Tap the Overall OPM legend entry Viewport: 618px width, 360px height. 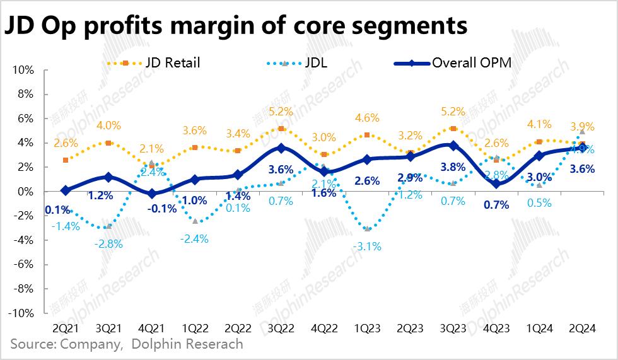coord(466,63)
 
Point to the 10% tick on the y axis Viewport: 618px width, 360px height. coord(23,70)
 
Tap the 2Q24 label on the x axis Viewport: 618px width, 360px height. coord(583,329)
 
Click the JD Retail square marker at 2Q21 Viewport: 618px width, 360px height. coord(66,160)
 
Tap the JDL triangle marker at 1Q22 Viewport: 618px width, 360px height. coord(197,221)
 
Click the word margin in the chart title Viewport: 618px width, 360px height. coord(206,26)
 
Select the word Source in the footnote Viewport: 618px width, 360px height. coord(31,345)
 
